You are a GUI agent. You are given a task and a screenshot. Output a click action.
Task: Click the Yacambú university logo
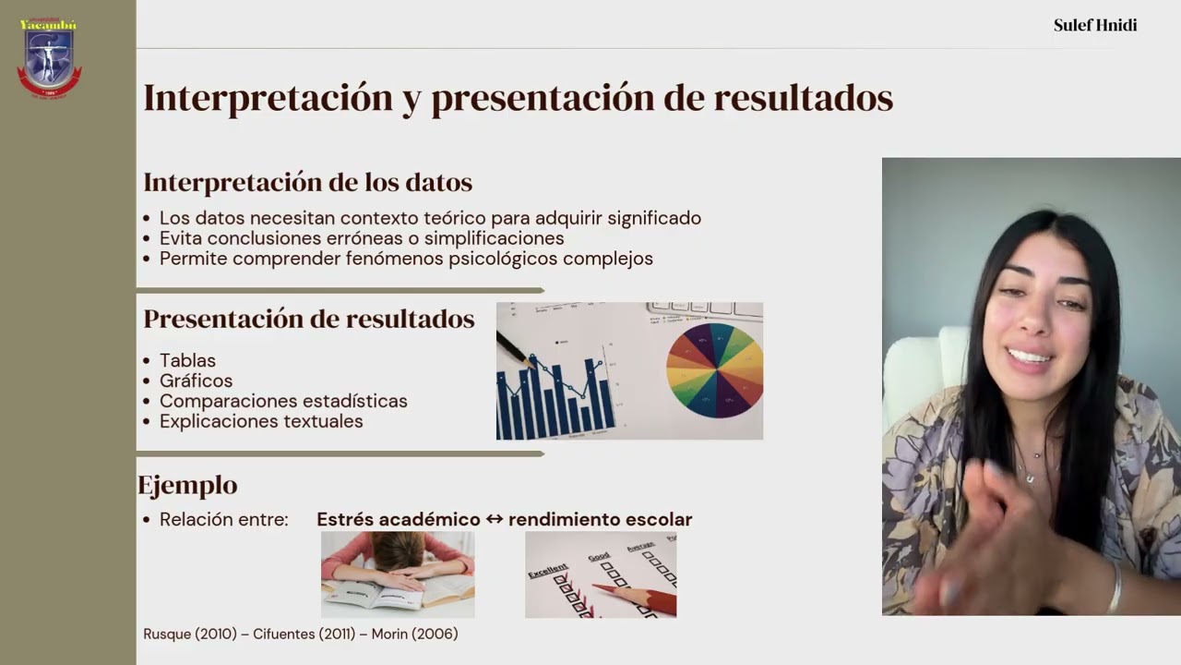coord(49,57)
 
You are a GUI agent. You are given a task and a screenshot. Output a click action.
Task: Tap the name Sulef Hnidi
coord(1095,25)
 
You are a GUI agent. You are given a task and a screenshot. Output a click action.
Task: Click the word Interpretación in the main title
coord(268,98)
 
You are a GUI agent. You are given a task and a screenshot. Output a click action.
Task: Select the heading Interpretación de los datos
coord(307,182)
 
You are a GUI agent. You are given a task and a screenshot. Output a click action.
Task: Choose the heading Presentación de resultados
coord(308,319)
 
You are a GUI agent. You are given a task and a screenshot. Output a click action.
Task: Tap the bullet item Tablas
coord(187,360)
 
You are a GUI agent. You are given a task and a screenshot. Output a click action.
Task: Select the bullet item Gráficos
coord(196,381)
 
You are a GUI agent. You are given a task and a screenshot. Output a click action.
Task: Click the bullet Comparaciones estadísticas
coord(283,401)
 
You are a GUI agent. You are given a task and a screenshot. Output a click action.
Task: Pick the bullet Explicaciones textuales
coord(261,421)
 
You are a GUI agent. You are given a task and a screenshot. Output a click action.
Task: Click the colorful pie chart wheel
coord(715,369)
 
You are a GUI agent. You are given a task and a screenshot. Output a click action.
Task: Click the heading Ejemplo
coord(187,485)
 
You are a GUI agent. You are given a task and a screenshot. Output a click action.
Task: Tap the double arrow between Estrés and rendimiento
coord(495,519)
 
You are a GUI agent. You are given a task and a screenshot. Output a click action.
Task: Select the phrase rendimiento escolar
coord(600,519)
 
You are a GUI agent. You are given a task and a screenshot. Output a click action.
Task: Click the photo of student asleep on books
coord(398,574)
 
